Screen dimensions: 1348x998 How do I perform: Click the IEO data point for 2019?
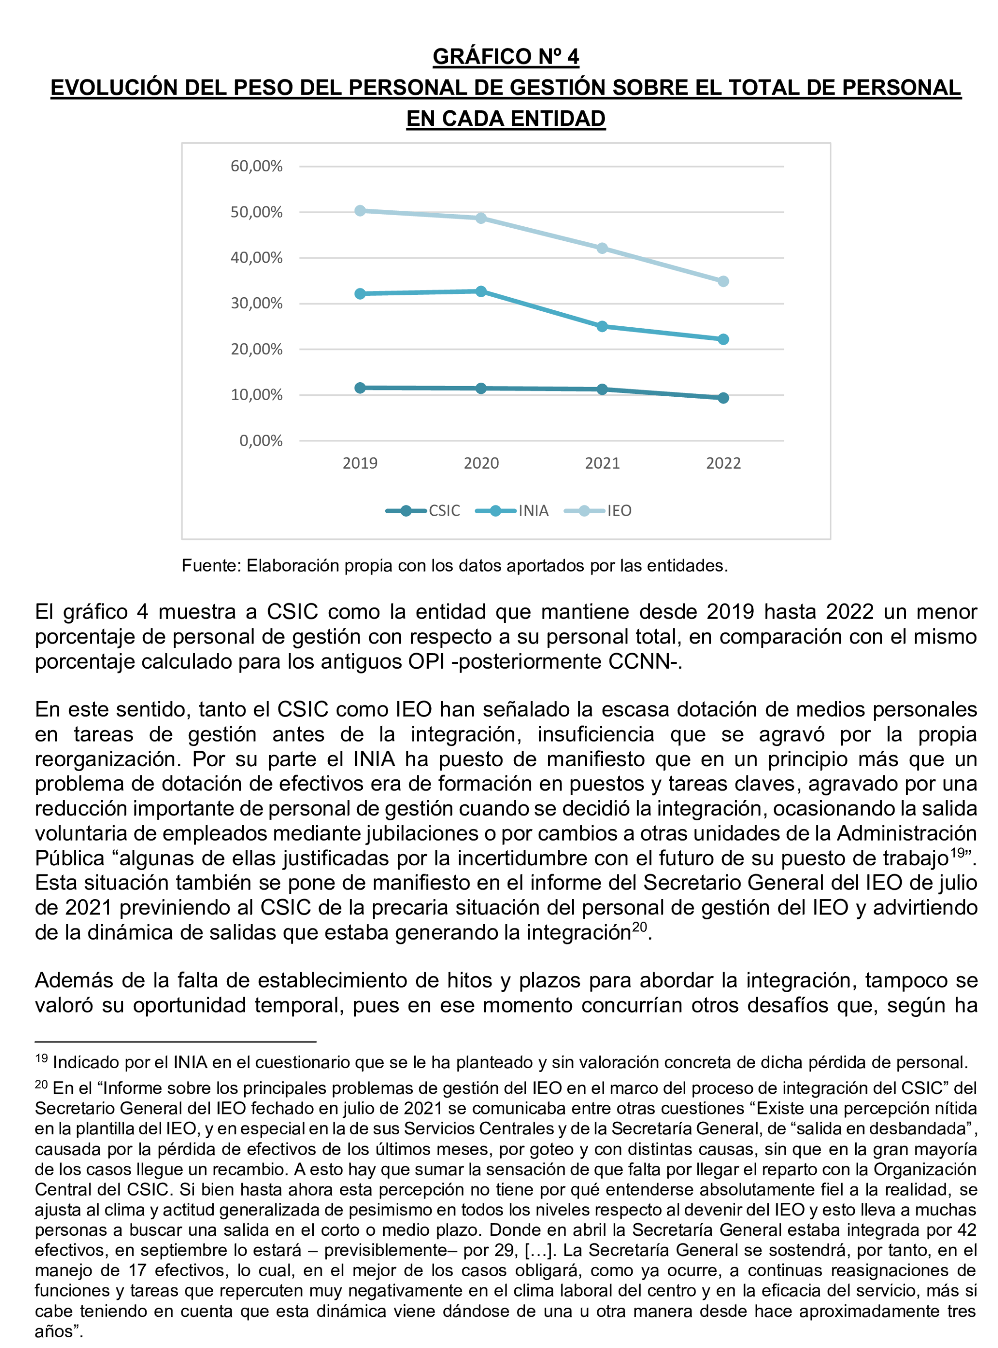click(x=360, y=211)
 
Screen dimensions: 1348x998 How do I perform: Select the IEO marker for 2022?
click(x=723, y=282)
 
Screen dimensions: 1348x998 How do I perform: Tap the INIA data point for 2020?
click(x=481, y=292)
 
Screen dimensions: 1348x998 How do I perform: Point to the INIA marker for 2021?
click(x=602, y=327)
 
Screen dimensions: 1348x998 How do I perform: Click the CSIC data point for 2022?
click(x=723, y=398)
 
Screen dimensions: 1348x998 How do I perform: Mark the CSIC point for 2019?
click(x=360, y=388)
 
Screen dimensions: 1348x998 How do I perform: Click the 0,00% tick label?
click(x=260, y=441)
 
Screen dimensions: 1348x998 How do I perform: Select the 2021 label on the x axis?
click(x=602, y=463)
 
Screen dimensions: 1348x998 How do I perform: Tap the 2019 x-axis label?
click(x=360, y=463)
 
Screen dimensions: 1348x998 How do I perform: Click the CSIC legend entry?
click(x=423, y=511)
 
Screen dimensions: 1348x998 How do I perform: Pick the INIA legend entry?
click(x=512, y=511)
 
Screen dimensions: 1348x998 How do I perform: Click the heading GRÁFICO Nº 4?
click(x=506, y=57)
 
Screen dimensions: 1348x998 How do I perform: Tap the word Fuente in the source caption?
click(x=211, y=566)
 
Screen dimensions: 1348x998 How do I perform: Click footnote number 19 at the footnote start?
click(x=41, y=1058)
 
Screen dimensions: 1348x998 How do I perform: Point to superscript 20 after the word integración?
click(x=639, y=927)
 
